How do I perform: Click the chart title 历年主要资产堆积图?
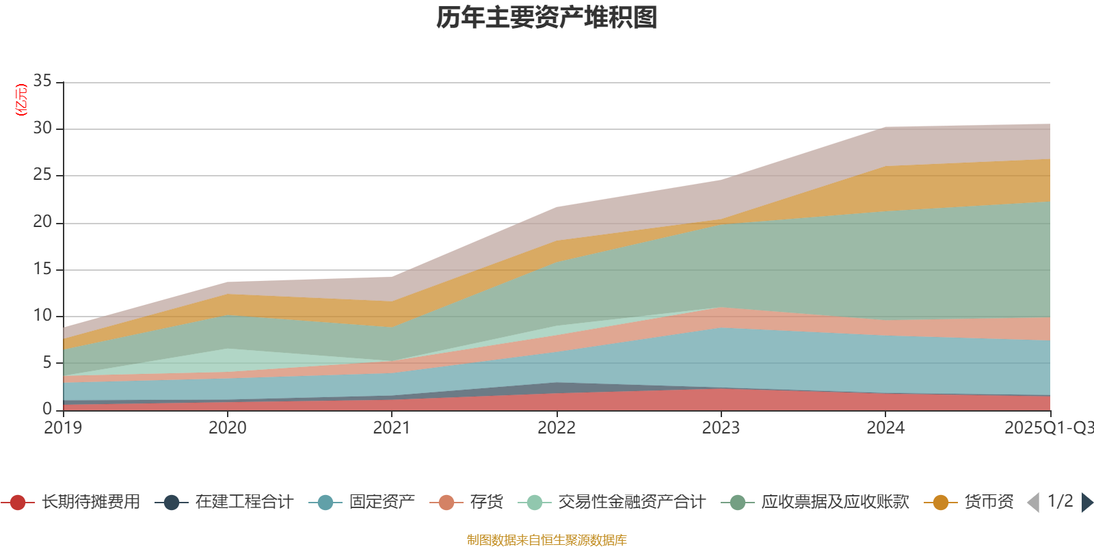point(547,18)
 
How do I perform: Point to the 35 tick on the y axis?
point(42,81)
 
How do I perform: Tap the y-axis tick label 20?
point(42,222)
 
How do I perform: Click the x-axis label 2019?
point(63,428)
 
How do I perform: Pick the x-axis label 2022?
point(557,428)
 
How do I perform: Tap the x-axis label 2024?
point(885,428)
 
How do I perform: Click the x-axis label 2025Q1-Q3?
point(1048,428)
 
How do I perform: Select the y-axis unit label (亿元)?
point(22,100)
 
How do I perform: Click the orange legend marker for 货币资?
point(941,503)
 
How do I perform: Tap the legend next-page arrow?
point(1086,503)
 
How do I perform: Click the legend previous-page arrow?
point(1033,503)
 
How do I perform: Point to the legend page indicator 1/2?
point(1060,501)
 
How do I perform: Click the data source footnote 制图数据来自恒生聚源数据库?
point(547,540)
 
